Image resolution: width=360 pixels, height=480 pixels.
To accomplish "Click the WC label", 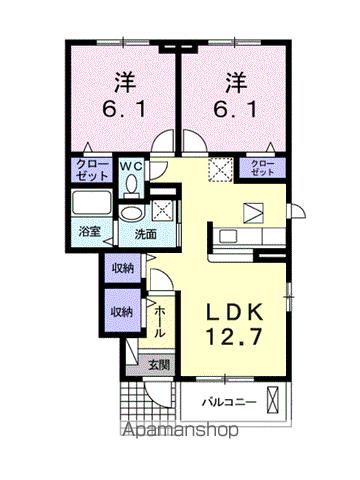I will click(133, 164).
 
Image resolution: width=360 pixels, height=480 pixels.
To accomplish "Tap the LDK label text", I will click(237, 311).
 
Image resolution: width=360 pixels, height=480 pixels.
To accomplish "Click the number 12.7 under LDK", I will click(237, 338).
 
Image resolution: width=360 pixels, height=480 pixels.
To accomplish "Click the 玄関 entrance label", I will click(160, 366).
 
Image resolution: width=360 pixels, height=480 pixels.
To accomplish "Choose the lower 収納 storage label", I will click(122, 312).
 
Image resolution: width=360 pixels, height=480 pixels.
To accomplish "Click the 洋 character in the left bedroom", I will click(122, 78).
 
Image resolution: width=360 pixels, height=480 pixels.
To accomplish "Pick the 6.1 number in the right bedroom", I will click(235, 108).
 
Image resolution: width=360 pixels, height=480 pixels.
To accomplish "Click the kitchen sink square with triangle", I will click(255, 212).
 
